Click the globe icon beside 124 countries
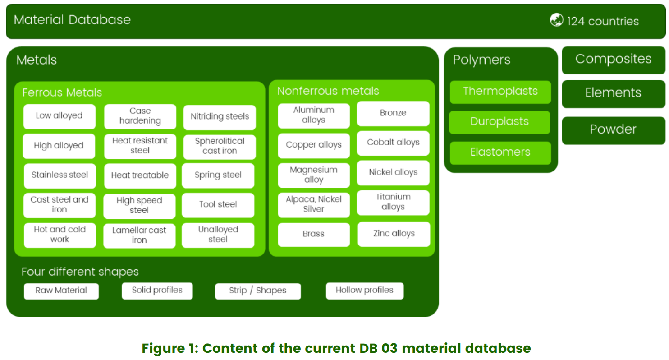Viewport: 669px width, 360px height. click(557, 20)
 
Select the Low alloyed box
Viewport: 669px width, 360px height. click(59, 116)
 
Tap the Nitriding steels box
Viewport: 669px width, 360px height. click(220, 117)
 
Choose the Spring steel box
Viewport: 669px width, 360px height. click(218, 175)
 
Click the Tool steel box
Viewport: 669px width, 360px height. click(218, 205)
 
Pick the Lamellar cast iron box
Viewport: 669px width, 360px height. click(139, 235)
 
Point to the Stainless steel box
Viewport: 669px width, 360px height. click(60, 175)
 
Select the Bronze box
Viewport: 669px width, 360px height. click(393, 113)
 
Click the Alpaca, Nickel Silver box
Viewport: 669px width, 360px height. click(314, 204)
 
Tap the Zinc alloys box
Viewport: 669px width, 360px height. click(394, 234)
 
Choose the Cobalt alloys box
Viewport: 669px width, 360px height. click(393, 143)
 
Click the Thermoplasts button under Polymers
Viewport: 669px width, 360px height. click(500, 92)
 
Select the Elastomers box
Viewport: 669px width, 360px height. click(500, 152)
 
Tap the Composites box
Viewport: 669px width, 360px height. click(613, 60)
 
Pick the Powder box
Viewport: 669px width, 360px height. click(613, 130)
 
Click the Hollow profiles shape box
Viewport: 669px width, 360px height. click(364, 291)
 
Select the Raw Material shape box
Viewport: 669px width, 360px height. click(61, 291)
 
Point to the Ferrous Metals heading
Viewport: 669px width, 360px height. click(62, 92)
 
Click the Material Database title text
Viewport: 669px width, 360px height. click(72, 20)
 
